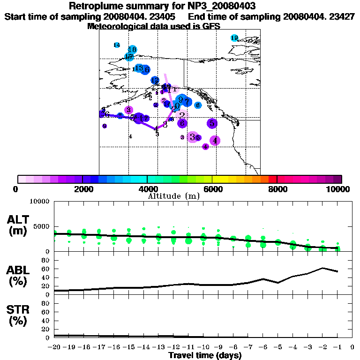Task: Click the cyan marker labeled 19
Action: (234, 38)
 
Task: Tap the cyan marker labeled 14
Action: (117, 45)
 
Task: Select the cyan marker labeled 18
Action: (132, 50)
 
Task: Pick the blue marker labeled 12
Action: (155, 80)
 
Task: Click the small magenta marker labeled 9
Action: (164, 100)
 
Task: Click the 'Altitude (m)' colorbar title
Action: (174, 196)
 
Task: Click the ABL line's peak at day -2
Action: (322, 268)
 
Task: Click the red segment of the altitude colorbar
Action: (273, 179)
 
